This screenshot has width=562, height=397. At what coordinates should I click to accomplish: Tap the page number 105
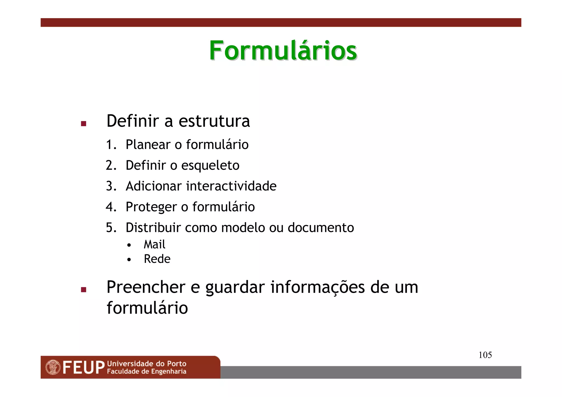click(x=485, y=355)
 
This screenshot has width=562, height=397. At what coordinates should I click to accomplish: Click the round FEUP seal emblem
click(x=53, y=367)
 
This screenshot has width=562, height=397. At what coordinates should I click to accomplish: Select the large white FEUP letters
click(x=84, y=368)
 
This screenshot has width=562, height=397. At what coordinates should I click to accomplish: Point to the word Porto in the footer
click(x=176, y=364)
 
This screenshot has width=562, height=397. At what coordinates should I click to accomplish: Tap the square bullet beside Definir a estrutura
click(x=84, y=124)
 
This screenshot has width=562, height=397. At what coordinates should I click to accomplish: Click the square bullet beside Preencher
click(x=84, y=289)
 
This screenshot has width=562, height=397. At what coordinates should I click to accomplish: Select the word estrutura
click(x=214, y=121)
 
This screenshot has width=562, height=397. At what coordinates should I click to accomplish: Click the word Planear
click(x=148, y=145)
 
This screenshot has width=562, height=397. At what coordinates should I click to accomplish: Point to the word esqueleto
click(x=210, y=166)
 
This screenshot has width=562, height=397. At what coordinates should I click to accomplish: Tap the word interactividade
click(x=231, y=186)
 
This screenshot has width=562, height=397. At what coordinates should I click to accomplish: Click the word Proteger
click(x=151, y=207)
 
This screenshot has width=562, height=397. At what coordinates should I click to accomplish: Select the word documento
click(x=321, y=228)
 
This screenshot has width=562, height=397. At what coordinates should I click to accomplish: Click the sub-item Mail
click(x=154, y=244)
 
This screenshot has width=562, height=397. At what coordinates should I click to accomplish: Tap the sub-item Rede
click(x=157, y=259)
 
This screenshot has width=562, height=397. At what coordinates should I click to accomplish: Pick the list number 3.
click(x=111, y=186)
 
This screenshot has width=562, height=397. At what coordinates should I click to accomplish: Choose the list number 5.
click(x=111, y=228)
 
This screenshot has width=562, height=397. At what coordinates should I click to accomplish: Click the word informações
click(x=318, y=288)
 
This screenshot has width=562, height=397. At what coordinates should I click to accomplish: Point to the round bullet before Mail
click(x=129, y=245)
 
